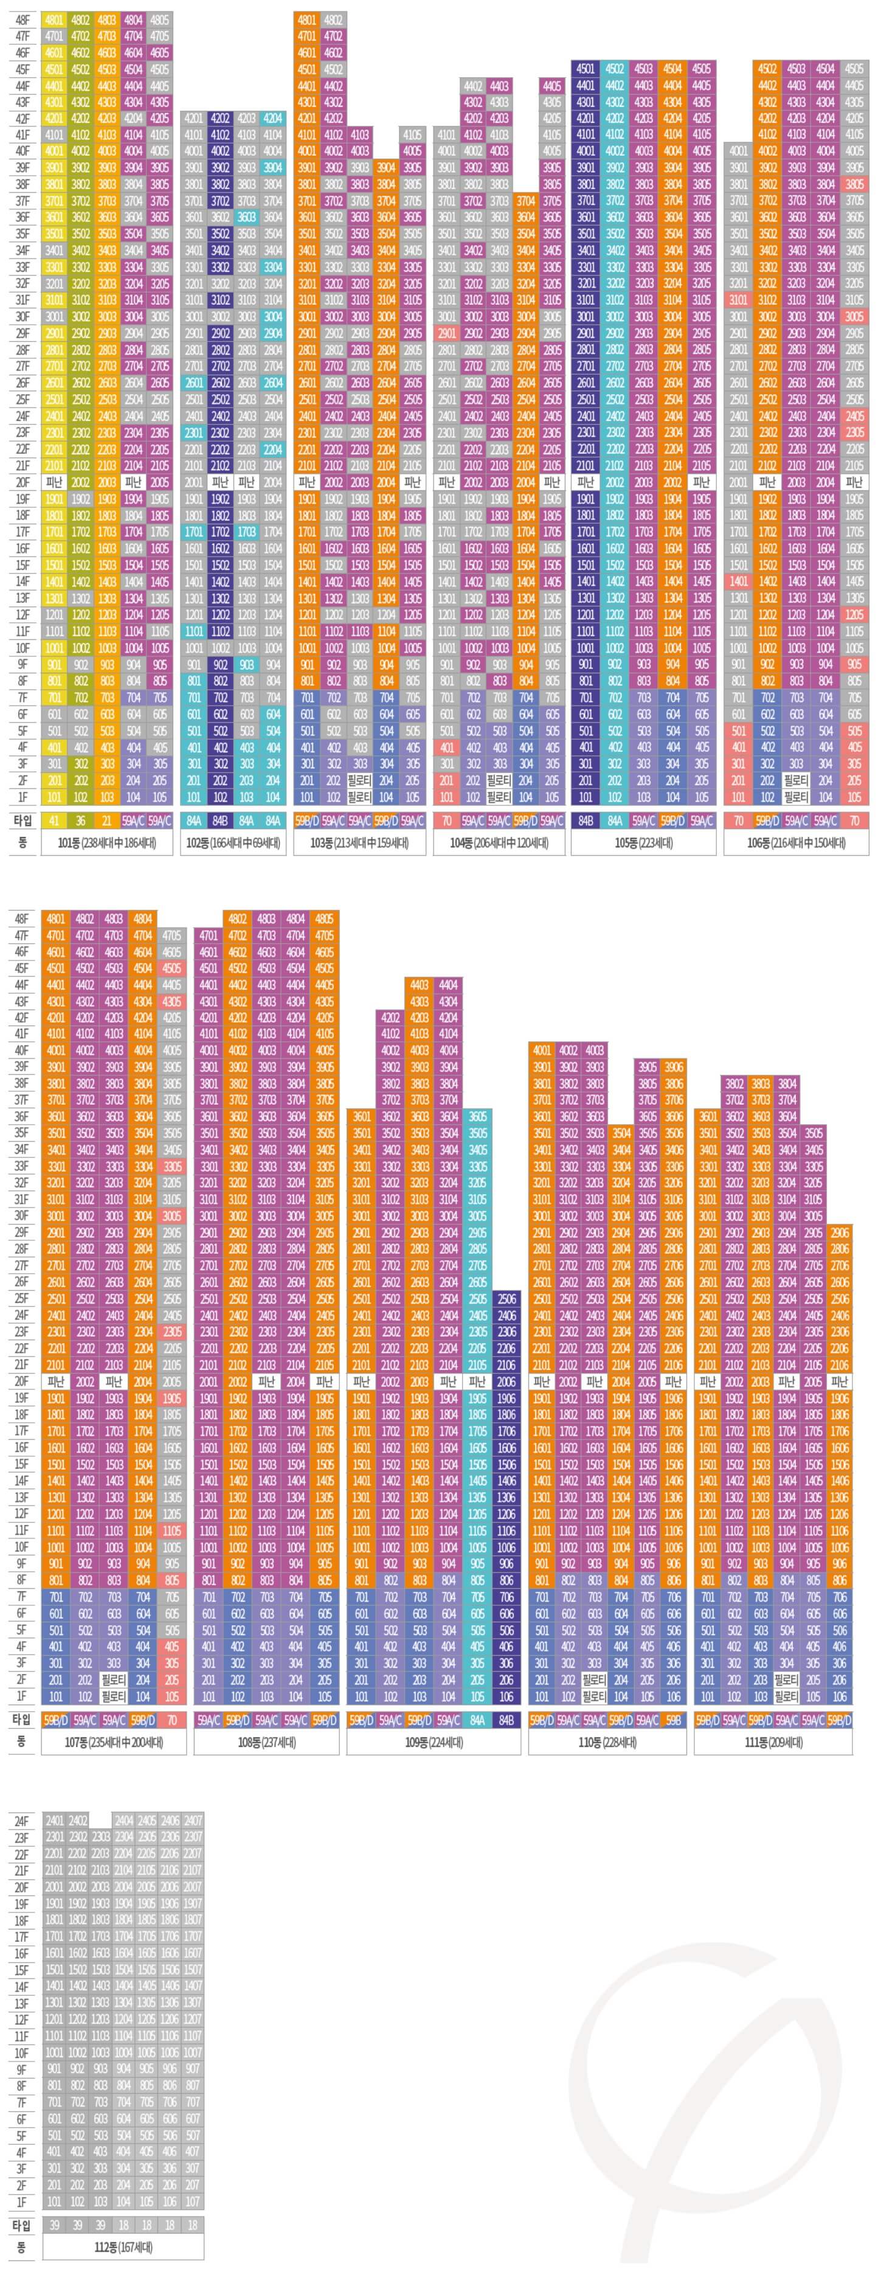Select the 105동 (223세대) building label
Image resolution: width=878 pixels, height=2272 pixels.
pyautogui.click(x=643, y=842)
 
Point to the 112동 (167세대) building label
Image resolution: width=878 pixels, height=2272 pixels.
pyautogui.click(x=123, y=2246)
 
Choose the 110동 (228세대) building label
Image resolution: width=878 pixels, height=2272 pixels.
pyautogui.click(x=606, y=1742)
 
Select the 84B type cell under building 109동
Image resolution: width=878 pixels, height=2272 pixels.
pyautogui.click(x=506, y=1719)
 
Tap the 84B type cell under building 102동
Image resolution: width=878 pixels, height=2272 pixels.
pyautogui.click(x=220, y=820)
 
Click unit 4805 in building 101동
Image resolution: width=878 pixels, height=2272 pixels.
pyautogui.click(x=159, y=19)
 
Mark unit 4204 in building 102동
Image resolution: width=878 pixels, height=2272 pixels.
pyautogui.click(x=272, y=118)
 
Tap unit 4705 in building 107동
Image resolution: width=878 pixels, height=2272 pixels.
pyautogui.click(x=172, y=935)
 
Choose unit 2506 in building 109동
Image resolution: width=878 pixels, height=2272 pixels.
pyautogui.click(x=506, y=1298)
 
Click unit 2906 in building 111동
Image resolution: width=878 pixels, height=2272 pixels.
pyautogui.click(x=839, y=1232)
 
